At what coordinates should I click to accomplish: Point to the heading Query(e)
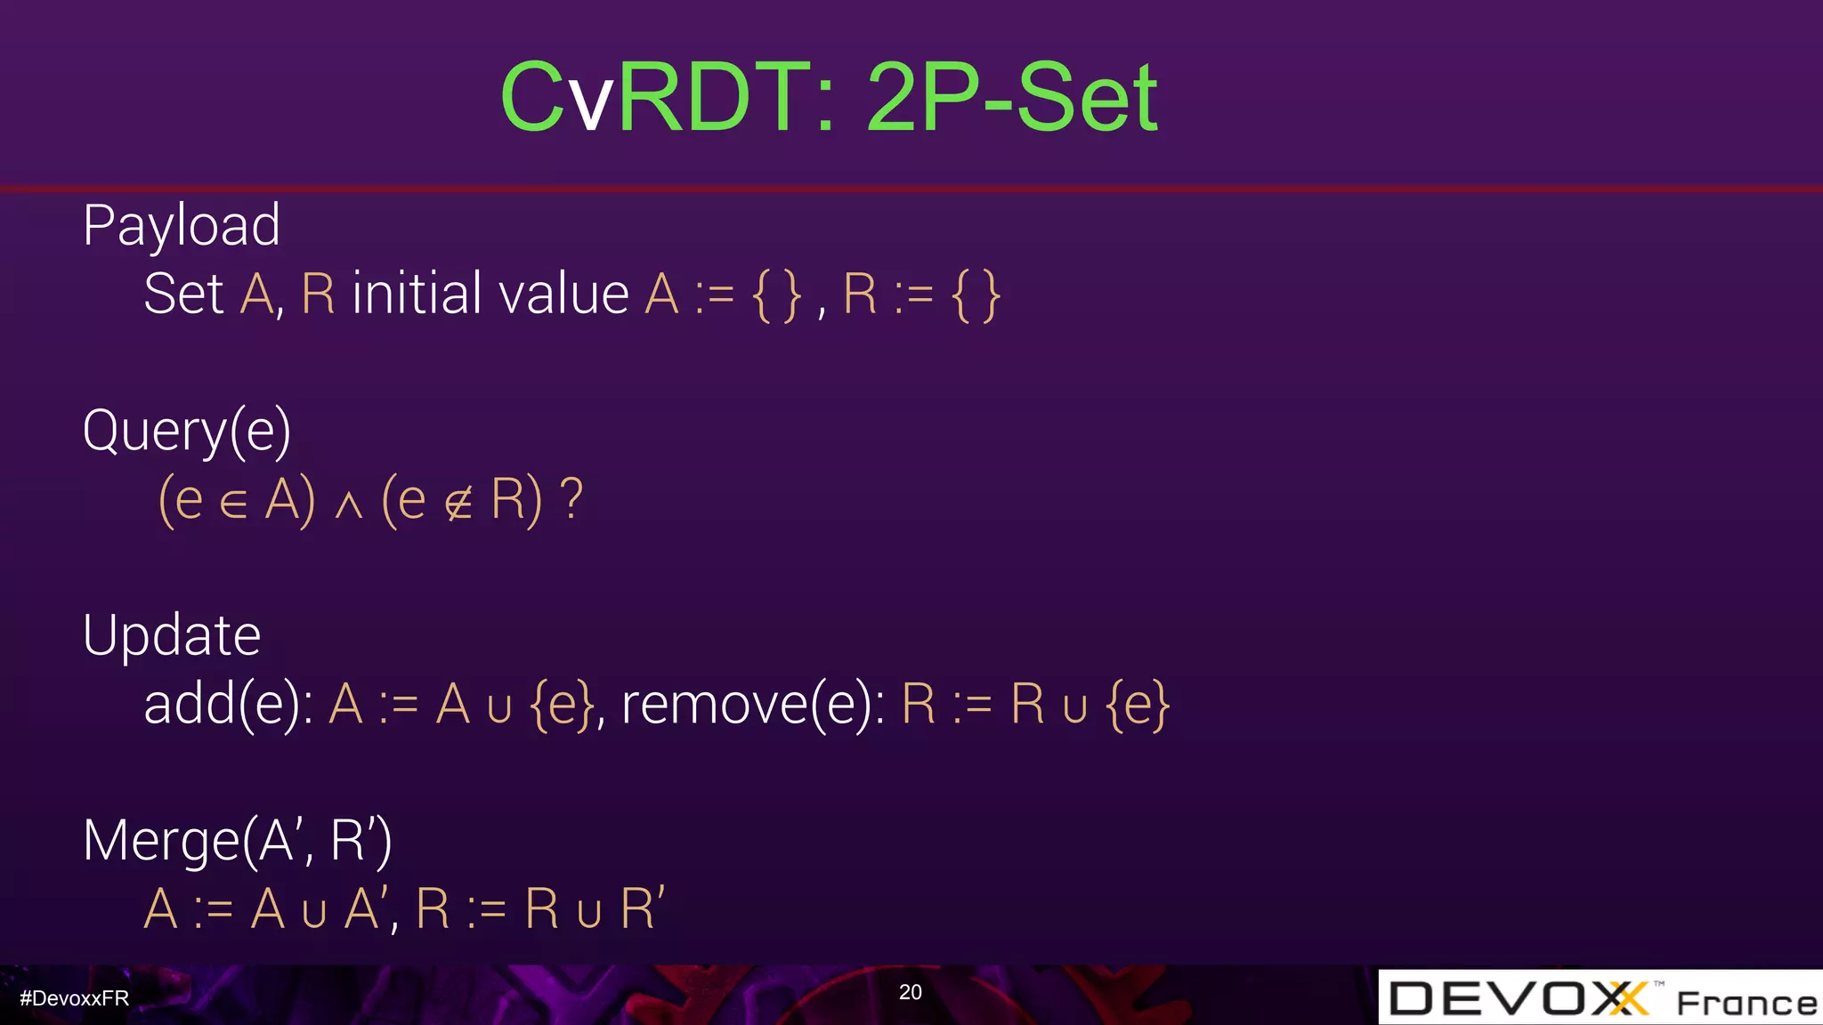[187, 431]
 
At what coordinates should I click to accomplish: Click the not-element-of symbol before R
[458, 504]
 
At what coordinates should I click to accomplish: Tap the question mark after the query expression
[571, 499]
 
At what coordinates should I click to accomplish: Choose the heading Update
[172, 635]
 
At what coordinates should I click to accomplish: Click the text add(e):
[228, 705]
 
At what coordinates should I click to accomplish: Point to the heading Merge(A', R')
[237, 840]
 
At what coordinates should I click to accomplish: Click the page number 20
[910, 992]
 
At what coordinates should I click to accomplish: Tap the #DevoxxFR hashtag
[75, 998]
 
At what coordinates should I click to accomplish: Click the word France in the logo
[1746, 1004]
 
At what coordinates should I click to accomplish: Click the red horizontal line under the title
[911, 189]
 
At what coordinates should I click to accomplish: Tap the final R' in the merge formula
[642, 908]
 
